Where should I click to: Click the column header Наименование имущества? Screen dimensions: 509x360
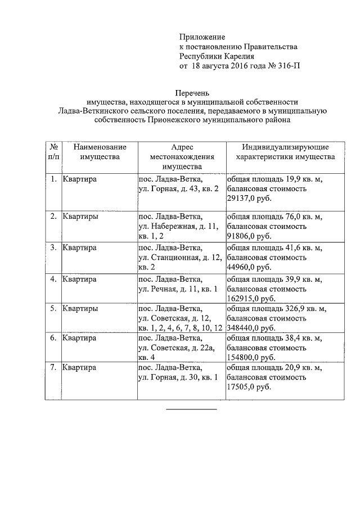pos(100,152)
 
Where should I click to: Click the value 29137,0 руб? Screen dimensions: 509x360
pos(249,199)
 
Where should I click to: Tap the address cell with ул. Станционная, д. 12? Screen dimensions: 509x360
pos(179,257)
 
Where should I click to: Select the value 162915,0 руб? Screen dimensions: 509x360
pos(251,298)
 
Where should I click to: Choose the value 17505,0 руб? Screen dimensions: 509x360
pos(249,388)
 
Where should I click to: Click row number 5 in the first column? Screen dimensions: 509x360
pos(53,309)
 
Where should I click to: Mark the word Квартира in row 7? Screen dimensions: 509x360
pos(79,368)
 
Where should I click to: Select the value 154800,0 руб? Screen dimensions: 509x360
pos(251,357)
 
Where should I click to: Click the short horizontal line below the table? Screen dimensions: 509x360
pos(191,409)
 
